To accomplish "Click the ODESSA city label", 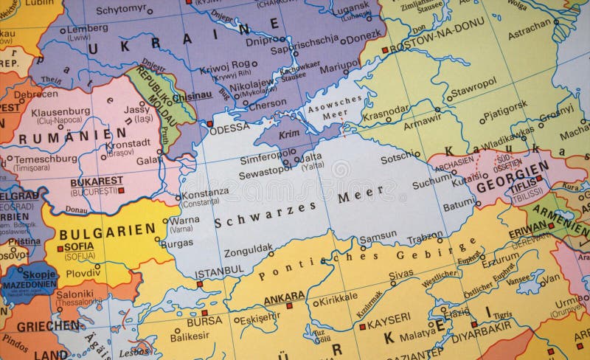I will (x=229, y=128).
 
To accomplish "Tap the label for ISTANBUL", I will (x=219, y=272).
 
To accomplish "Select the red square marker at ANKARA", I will (x=289, y=305).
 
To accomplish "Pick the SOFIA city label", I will (x=79, y=246).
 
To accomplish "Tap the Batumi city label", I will (x=459, y=204).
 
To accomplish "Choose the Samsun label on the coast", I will (x=378, y=238).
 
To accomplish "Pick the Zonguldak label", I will (x=248, y=249).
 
